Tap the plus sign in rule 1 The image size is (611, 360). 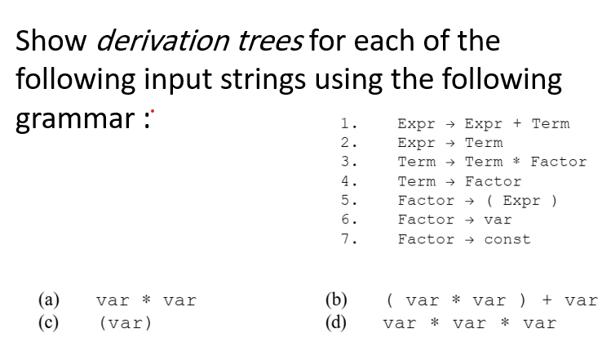[517, 124]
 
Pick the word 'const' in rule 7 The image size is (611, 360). [507, 239]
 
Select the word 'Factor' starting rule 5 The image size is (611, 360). [426, 200]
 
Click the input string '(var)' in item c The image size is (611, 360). [125, 323]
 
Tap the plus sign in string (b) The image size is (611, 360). [546, 300]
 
